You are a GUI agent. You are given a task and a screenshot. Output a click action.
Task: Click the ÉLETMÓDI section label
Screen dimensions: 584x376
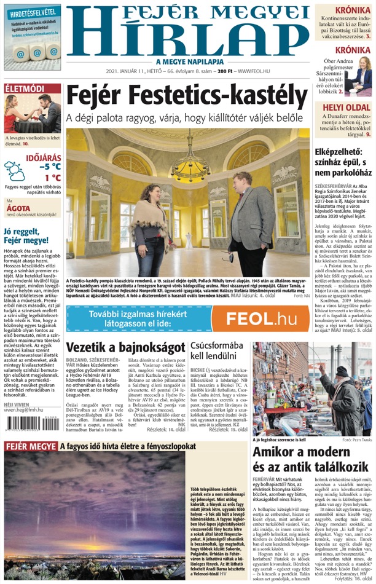point(25,89)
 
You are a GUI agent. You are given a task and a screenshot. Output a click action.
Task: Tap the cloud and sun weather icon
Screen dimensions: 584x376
point(15,170)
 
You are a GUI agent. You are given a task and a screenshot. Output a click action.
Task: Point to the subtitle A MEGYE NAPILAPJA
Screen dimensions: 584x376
point(188,61)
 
